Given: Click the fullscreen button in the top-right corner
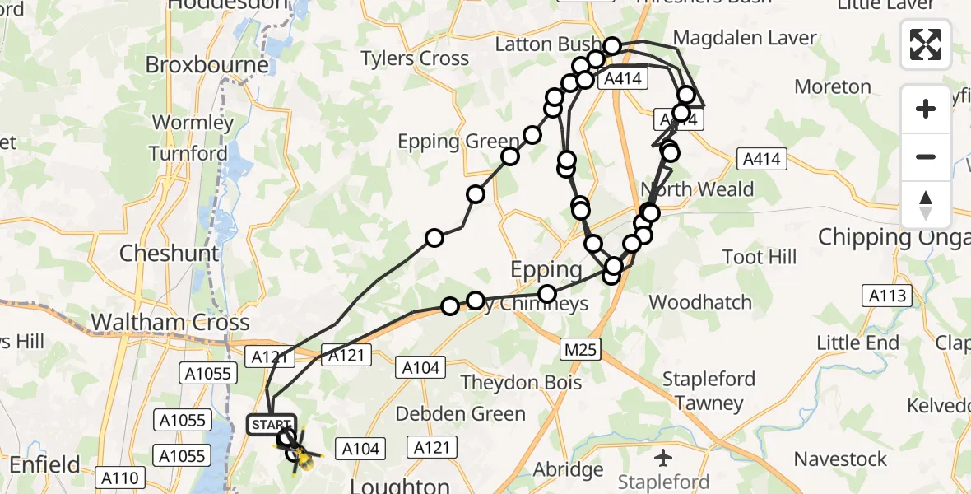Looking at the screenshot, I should [926, 44].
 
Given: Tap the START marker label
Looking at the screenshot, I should [271, 425].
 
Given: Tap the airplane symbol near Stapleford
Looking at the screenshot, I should [663, 456].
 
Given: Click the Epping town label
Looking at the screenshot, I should [546, 269].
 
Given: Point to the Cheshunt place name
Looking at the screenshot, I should [170, 253].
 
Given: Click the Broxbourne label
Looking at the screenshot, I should [207, 64].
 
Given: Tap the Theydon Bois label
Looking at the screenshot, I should [521, 382].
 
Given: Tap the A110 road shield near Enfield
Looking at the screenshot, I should [120, 476].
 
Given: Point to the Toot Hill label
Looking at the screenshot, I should [760, 257].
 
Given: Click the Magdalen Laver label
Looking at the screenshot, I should [745, 38].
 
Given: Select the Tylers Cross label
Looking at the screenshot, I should [416, 58].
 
